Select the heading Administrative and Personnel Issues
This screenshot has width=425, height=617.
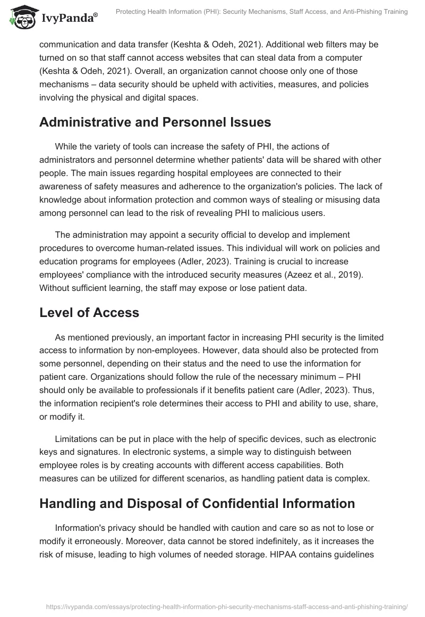pyautogui.click(x=155, y=122)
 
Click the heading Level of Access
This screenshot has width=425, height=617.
pyautogui.click(x=89, y=312)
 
